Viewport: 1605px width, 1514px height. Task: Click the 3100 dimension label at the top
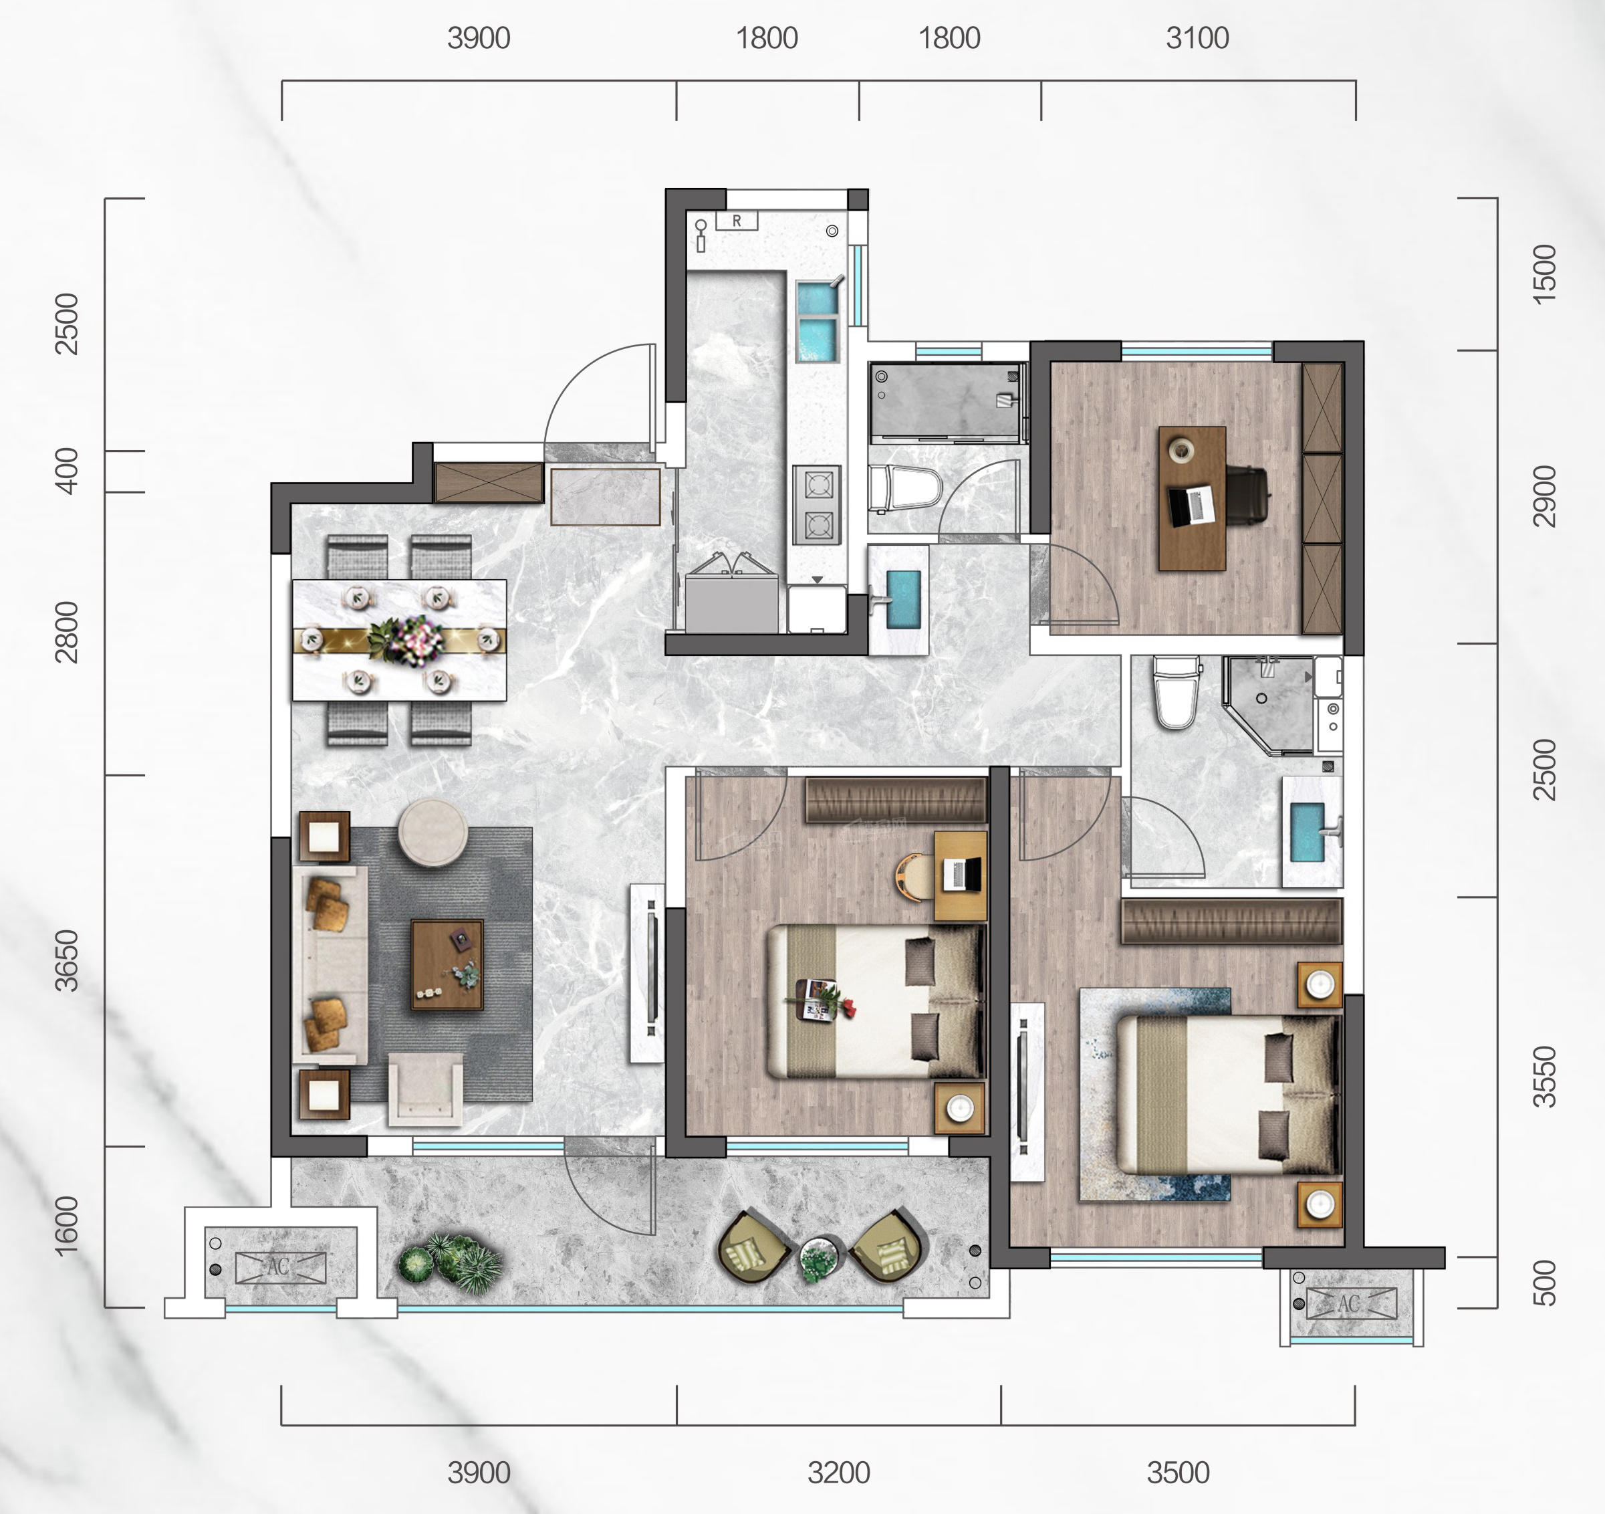coord(1197,38)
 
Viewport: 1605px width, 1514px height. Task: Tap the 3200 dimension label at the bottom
coord(839,1473)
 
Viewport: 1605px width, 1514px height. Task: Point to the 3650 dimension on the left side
coord(67,961)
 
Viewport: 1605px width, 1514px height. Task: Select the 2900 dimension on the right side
coord(1544,496)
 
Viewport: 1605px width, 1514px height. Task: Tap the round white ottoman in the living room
coord(433,833)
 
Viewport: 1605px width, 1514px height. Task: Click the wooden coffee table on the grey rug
coord(447,965)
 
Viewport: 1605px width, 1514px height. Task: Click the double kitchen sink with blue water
coord(818,322)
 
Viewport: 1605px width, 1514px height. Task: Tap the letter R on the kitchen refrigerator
coord(736,221)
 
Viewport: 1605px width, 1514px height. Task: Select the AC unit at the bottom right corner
coord(1351,1303)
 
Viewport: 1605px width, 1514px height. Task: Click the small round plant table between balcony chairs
coord(821,1259)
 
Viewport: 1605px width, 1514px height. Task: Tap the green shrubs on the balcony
coord(451,1262)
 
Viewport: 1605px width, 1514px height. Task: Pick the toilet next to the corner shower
coord(1175,692)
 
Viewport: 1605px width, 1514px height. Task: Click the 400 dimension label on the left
coord(67,471)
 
